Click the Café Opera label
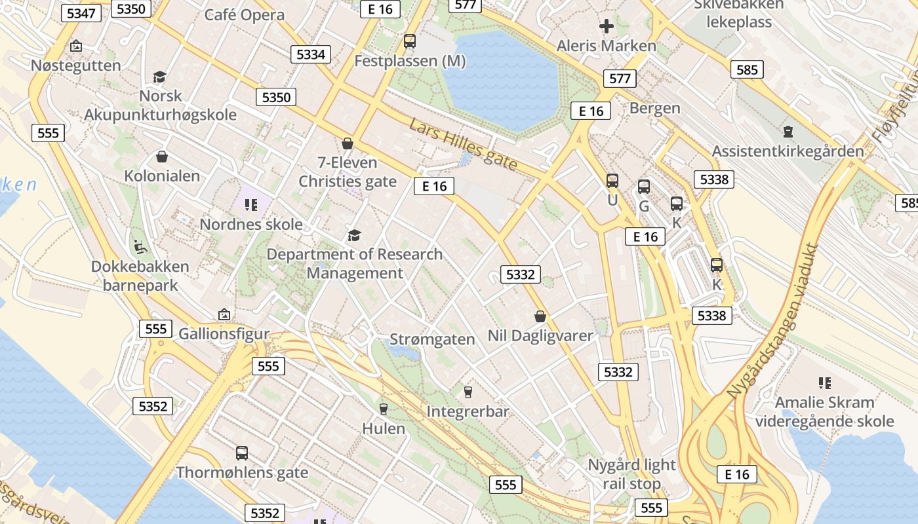tap(244, 15)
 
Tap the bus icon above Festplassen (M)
tap(410, 41)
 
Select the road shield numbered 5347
tap(81, 13)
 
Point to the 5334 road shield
tap(311, 54)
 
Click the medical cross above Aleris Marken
tap(607, 26)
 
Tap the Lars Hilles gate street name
tap(463, 144)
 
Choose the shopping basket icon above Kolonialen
tap(162, 157)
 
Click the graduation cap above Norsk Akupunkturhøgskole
tap(159, 77)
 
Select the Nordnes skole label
tap(251, 224)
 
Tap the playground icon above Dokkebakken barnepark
tap(140, 246)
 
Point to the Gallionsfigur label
tap(224, 333)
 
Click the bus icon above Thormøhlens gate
tap(242, 453)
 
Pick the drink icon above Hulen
tap(384, 409)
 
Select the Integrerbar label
tap(468, 411)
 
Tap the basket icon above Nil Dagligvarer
tap(540, 317)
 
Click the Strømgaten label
tap(432, 339)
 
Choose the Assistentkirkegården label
tap(788, 151)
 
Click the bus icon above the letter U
tap(612, 181)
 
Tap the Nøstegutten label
tap(76, 65)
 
